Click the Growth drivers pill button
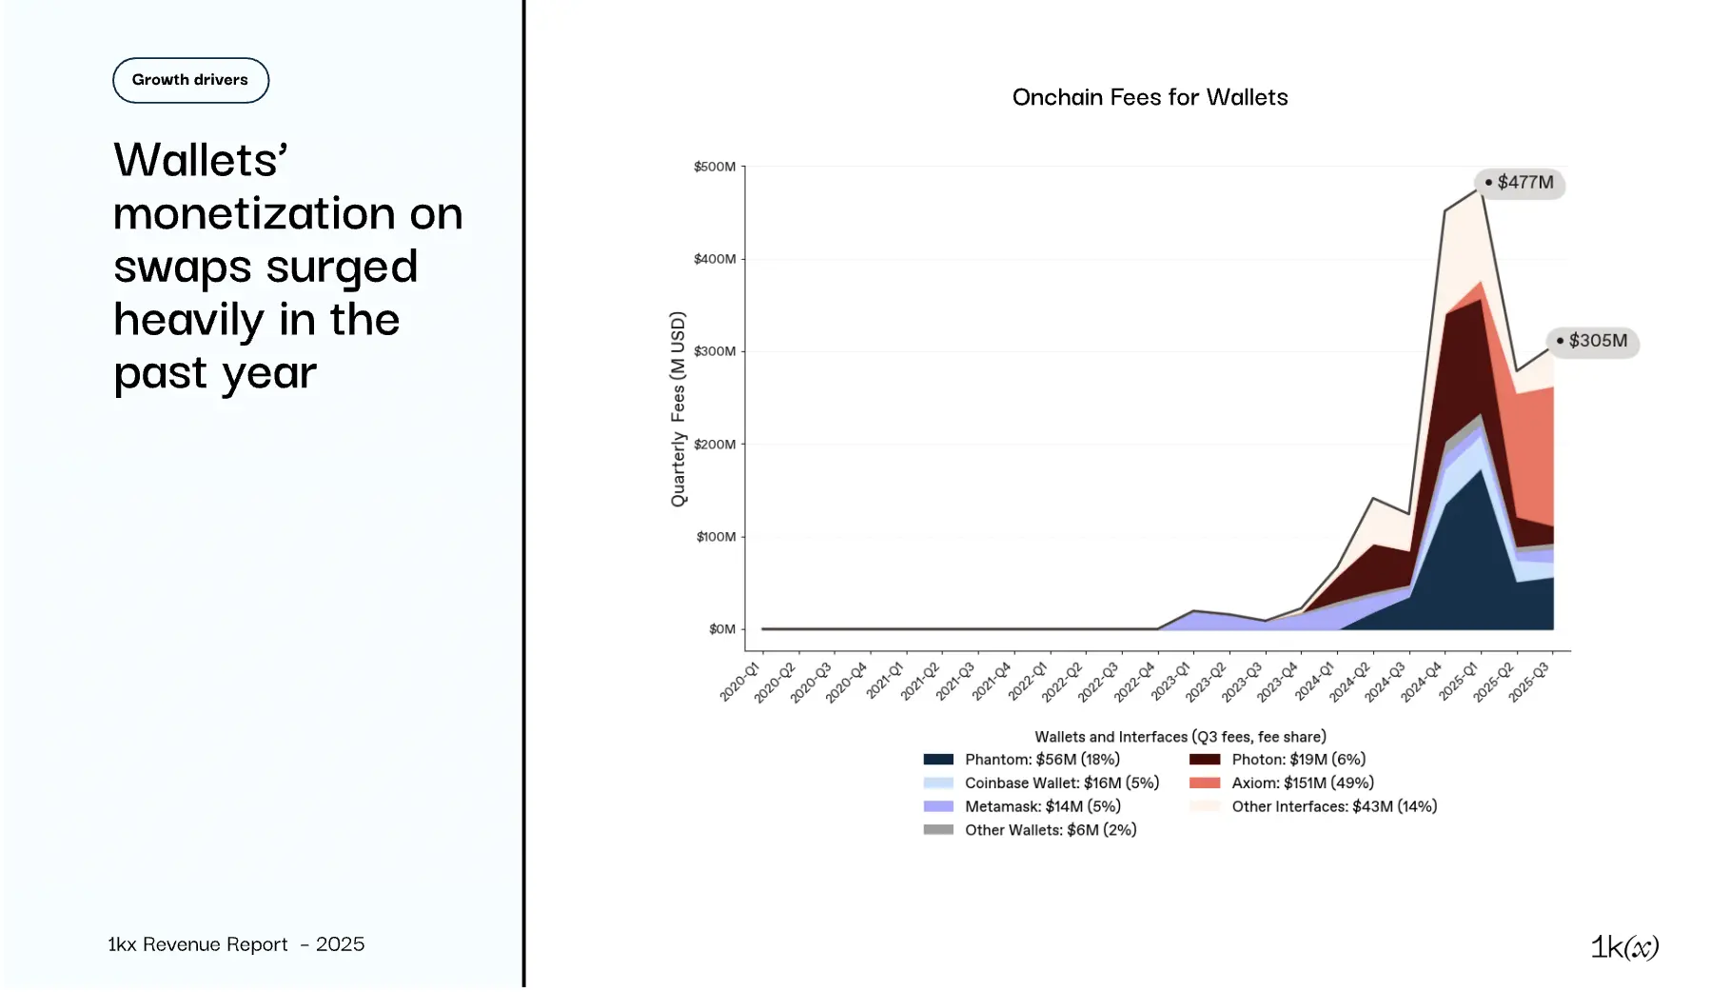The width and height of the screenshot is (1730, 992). (190, 80)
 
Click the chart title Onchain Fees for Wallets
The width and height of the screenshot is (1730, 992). (1150, 97)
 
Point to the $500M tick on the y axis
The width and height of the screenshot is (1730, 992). (715, 167)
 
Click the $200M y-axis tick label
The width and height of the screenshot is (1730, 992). (715, 445)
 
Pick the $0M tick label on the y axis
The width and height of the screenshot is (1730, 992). (722, 629)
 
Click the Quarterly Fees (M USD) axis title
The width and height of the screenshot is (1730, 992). (678, 409)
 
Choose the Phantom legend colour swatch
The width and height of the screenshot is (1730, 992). (938, 760)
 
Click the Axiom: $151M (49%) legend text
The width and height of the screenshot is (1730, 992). (1302, 784)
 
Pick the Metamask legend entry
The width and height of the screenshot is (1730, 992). (1042, 807)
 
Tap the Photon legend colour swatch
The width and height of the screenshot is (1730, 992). (1205, 760)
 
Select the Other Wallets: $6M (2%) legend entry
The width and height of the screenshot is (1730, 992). (1050, 830)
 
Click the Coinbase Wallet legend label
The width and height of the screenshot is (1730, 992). (1061, 784)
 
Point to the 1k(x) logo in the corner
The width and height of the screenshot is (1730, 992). (1624, 947)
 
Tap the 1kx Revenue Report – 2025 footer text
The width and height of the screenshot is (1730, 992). (236, 944)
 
